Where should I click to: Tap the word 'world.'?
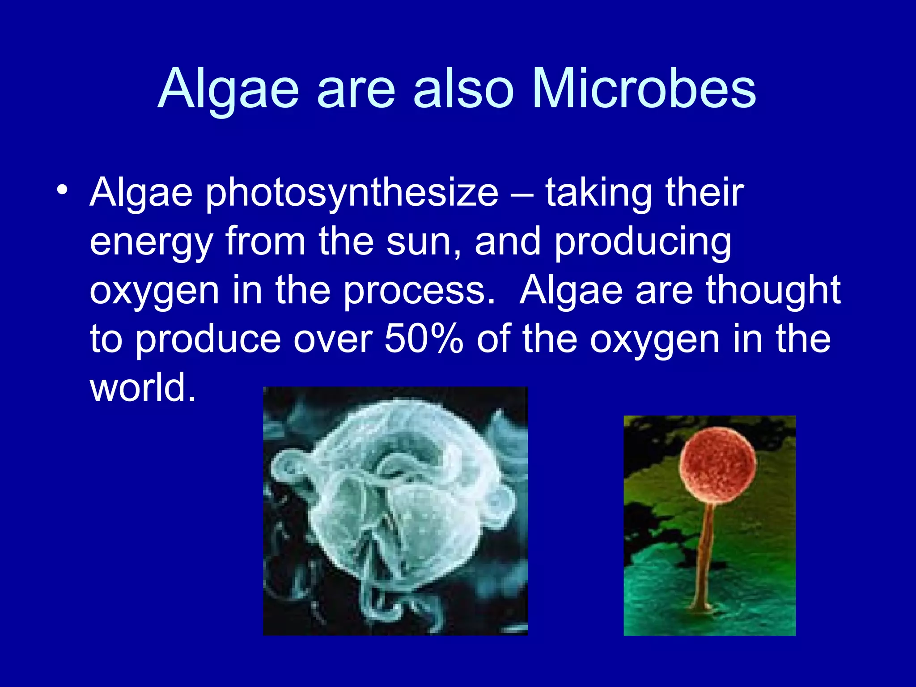[143, 387]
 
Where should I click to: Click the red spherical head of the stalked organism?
[717, 465]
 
